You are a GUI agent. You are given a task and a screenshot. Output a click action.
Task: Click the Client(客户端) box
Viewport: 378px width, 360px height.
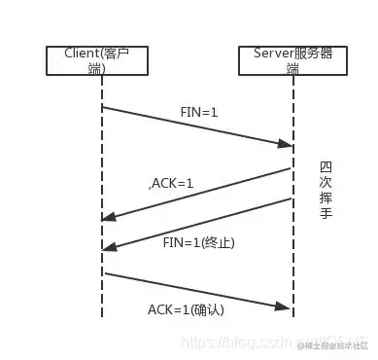pos(102,60)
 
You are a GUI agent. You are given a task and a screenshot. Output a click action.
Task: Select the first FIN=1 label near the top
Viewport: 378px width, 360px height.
pos(198,113)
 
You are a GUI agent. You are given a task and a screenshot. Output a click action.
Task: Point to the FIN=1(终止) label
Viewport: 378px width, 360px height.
pos(198,241)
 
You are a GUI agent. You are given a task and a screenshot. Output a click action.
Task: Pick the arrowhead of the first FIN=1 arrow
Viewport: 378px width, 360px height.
pos(288,146)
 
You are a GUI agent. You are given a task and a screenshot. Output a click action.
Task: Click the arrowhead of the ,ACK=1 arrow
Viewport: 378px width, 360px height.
pos(109,218)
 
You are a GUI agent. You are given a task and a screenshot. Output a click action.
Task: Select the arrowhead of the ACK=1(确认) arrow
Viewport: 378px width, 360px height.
pos(288,308)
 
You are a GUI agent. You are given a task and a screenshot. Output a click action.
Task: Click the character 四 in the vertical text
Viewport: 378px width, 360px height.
pos(326,167)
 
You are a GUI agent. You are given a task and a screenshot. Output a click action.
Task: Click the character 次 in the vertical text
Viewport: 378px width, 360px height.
pos(326,182)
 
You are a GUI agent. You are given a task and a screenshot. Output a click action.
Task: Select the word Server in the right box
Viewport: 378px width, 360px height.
pos(271,54)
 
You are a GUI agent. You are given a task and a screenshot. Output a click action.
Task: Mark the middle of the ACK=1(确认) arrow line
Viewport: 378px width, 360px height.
pos(197,290)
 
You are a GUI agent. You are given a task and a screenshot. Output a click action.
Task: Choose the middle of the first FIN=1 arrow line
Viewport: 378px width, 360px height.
pos(197,126)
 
